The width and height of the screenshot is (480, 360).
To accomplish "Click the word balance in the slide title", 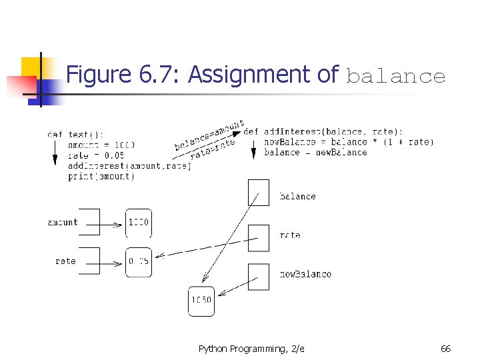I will coord(395,77).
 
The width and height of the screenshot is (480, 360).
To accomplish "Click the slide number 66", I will coord(446,349).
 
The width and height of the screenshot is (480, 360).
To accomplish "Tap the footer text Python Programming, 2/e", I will coord(251,349).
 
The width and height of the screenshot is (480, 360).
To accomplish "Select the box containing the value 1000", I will coord(138,223).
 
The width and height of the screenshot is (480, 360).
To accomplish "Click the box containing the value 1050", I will coord(201,300).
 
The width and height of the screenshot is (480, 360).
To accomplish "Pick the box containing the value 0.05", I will coord(138,261).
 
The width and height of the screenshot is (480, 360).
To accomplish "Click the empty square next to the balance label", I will coord(259,192).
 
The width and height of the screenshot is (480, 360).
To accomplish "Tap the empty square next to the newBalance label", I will coord(259,277).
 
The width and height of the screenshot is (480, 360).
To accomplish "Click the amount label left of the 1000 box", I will coord(63,223).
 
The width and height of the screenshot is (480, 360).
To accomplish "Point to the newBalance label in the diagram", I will coord(305,274).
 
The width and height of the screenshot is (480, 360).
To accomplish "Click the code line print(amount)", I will coord(101,177).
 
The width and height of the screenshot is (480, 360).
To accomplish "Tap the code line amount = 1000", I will coord(101,145).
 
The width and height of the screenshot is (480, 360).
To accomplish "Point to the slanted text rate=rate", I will coord(213,149).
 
